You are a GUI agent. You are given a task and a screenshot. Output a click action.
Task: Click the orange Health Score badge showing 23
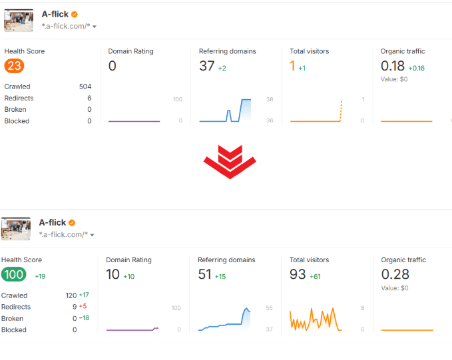pyautogui.click(x=14, y=66)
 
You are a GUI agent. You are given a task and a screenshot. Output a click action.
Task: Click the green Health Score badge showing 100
pyautogui.click(x=13, y=274)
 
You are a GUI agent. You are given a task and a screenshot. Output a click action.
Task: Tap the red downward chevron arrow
pyautogui.click(x=230, y=162)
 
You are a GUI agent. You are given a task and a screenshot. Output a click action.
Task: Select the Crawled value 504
pyautogui.click(x=85, y=87)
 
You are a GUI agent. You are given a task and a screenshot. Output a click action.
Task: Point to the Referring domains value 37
pyautogui.click(x=206, y=66)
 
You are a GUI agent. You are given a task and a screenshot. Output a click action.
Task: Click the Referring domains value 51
pyautogui.click(x=205, y=274)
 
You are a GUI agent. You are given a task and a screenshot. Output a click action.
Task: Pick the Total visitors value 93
pyautogui.click(x=298, y=274)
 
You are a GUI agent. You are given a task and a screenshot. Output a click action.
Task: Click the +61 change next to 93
pyautogui.click(x=316, y=276)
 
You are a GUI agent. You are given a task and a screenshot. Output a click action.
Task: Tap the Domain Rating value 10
pyautogui.click(x=113, y=274)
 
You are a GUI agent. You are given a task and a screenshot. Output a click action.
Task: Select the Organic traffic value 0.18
pyautogui.click(x=393, y=66)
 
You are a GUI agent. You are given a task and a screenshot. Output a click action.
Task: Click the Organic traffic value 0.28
pyautogui.click(x=393, y=274)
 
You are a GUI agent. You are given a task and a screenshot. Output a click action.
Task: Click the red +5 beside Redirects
pyautogui.click(x=84, y=307)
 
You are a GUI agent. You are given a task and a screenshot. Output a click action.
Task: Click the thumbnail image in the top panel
pyautogui.click(x=19, y=21)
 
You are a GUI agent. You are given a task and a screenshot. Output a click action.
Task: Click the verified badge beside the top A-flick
pyautogui.click(x=75, y=14)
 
